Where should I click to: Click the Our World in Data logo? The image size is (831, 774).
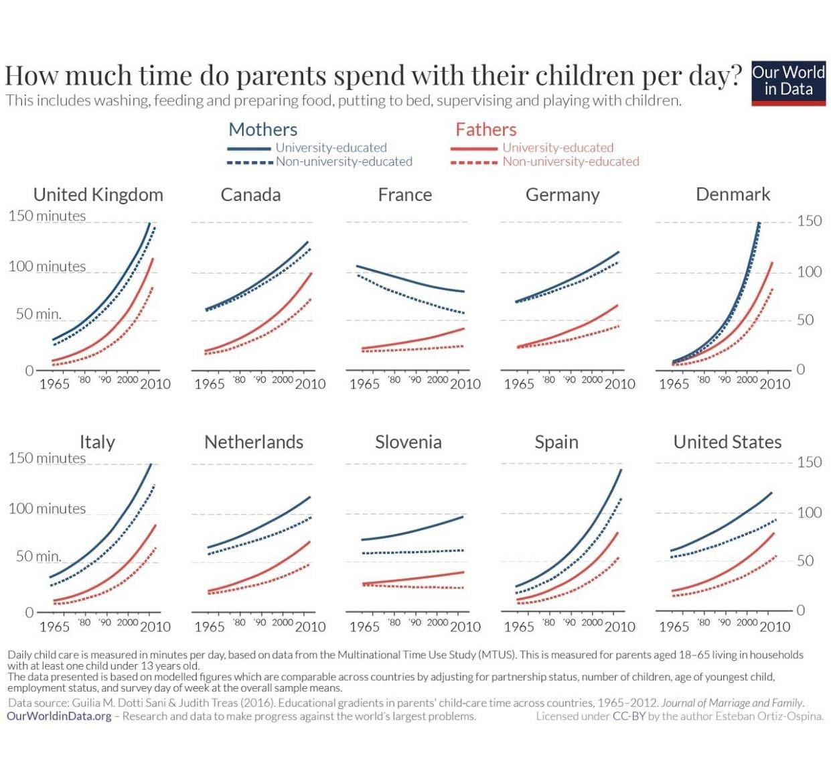788,83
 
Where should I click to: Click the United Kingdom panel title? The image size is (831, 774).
98,195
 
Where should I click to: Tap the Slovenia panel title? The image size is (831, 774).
408,442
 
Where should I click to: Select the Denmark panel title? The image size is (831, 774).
733,194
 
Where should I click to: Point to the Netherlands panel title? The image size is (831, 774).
254,442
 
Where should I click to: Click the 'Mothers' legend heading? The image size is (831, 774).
262,129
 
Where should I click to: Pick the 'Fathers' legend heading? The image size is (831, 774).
485,129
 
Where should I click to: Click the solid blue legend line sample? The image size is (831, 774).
249,149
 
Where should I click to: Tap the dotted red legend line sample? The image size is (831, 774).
474,162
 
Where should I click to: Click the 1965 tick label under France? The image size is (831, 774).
364,384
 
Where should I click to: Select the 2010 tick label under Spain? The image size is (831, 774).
619,627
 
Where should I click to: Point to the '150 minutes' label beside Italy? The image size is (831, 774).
47,458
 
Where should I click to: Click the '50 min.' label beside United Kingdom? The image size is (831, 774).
38,314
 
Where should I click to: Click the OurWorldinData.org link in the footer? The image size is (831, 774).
60,716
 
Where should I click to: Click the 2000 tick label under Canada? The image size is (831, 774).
283,379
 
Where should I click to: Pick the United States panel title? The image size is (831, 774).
727,442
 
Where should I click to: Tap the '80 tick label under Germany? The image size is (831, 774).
548,379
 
